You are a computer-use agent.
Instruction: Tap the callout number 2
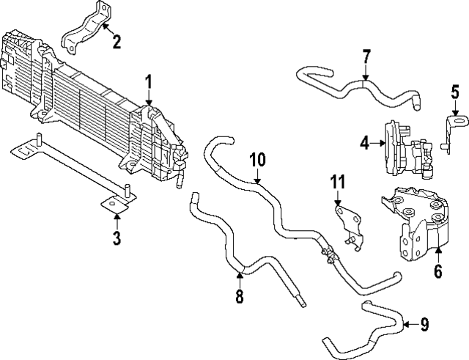click(117, 41)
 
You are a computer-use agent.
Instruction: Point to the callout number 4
click(364, 144)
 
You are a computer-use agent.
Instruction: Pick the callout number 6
click(437, 271)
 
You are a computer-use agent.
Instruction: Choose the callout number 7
click(366, 57)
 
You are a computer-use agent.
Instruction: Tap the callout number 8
click(240, 297)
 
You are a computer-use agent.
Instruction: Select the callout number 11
click(336, 181)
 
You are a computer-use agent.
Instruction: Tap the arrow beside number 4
click(377, 144)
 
